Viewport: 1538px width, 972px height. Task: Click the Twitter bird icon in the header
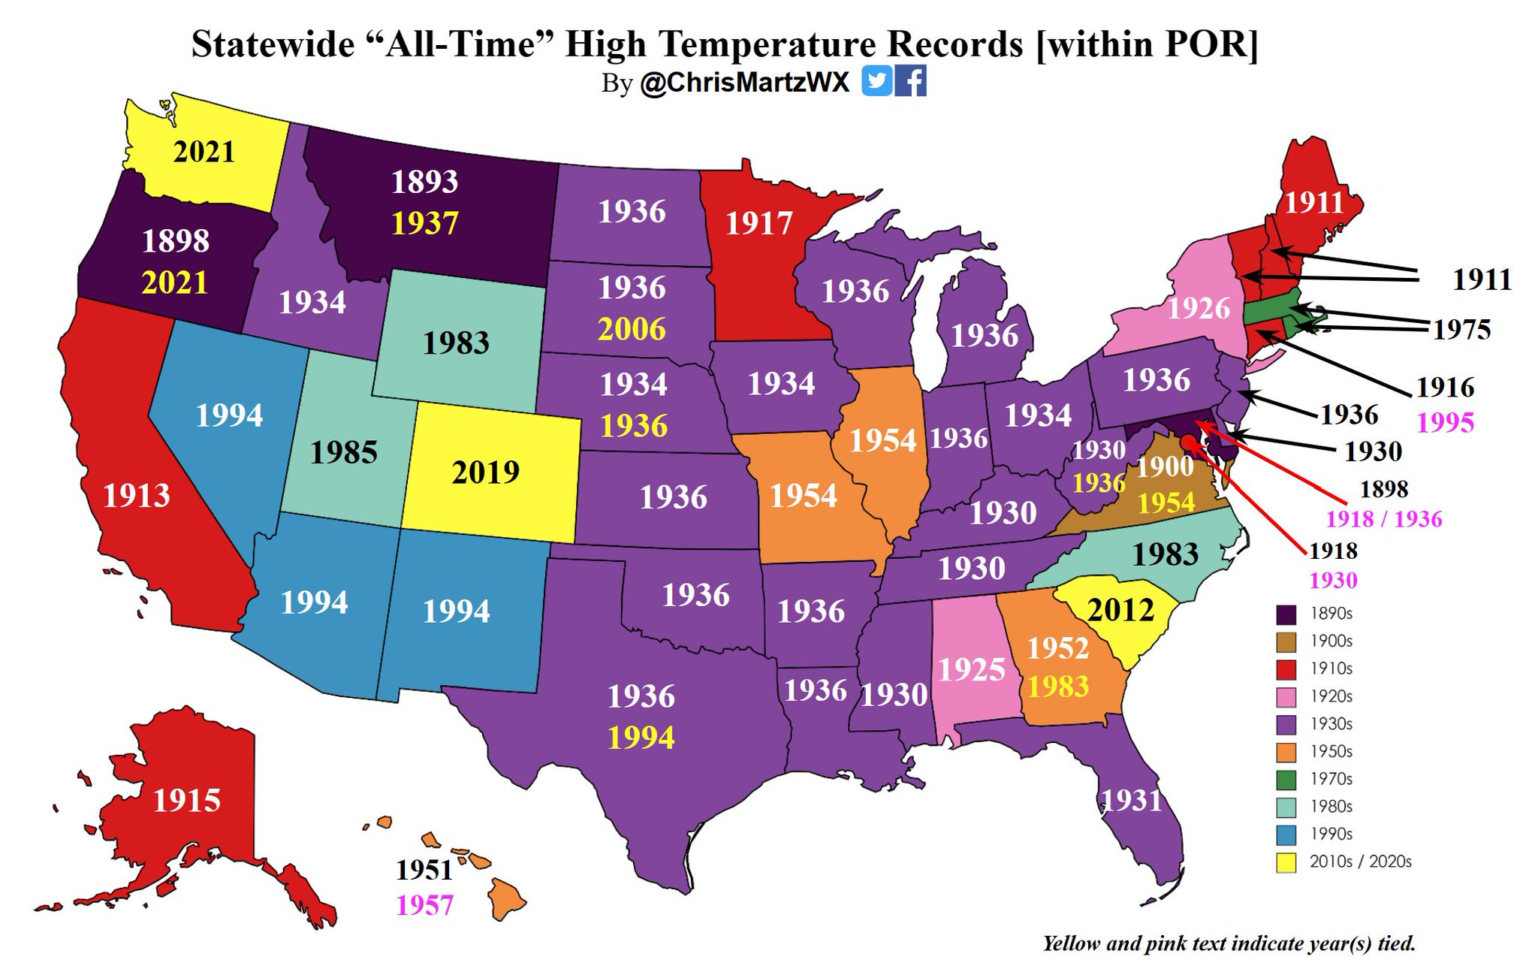click(876, 80)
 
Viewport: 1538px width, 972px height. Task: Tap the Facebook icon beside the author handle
click(910, 80)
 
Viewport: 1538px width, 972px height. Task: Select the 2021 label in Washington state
click(204, 152)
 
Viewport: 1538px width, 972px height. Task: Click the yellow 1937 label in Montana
click(424, 223)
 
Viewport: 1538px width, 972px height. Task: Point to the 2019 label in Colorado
click(485, 472)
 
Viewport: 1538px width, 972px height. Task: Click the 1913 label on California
click(136, 496)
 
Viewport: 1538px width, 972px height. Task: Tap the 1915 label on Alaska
click(186, 801)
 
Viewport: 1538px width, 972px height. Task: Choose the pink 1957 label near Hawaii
click(424, 905)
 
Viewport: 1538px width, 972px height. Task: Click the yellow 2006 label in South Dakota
click(632, 329)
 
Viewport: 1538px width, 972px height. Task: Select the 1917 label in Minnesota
click(758, 223)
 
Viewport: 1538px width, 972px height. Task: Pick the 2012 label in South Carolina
click(1120, 610)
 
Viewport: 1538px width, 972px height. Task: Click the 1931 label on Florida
click(1131, 801)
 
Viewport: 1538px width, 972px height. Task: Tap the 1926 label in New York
click(1199, 308)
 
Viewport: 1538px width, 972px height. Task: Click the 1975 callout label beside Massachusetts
click(1461, 329)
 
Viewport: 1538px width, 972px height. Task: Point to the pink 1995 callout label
click(1445, 422)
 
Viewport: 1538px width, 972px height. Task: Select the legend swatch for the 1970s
click(1286, 779)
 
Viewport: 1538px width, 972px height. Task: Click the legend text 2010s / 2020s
click(1360, 862)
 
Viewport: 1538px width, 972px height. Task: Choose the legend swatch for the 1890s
click(1286, 614)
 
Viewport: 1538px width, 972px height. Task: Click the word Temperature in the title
click(840, 44)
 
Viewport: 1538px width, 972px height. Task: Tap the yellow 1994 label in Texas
click(641, 738)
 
